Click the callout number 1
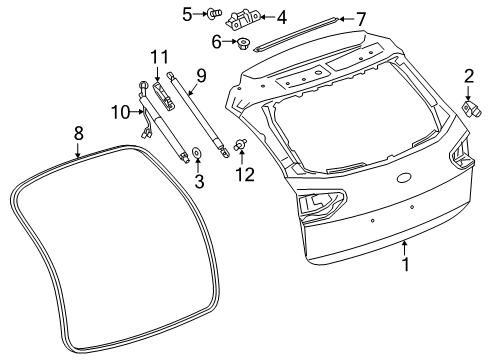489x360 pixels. click(405, 264)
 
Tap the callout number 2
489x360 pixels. click(469, 76)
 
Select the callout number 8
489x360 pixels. click(78, 133)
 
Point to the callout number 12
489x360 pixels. click(245, 174)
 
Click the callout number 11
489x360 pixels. click(160, 57)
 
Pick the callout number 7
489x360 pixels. click(361, 19)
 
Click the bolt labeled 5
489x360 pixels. click(215, 14)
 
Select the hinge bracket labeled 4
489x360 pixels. click(242, 20)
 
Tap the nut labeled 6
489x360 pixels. click(243, 43)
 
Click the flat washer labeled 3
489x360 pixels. click(197, 153)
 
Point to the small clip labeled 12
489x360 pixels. click(240, 145)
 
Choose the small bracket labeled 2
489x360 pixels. click(471, 109)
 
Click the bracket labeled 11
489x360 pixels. click(163, 95)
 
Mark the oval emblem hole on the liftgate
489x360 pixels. click(405, 178)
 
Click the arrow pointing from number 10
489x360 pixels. click(137, 112)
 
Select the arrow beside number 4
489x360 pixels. click(267, 16)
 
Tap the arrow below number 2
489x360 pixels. click(468, 93)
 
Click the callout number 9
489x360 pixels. click(201, 76)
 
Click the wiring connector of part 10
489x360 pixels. click(146, 134)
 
